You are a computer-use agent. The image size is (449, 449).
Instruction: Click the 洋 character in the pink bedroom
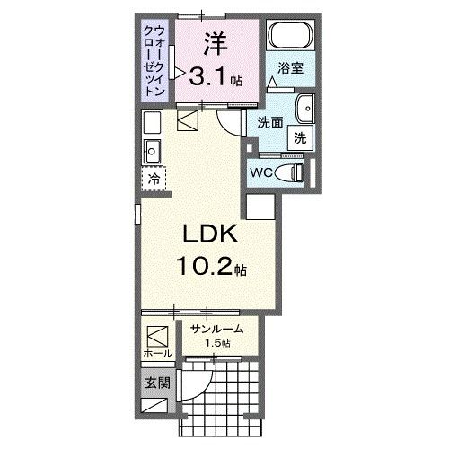click(x=214, y=43)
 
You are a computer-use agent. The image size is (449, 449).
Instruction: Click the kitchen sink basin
click(x=150, y=150)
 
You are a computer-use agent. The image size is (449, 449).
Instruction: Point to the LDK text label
click(x=210, y=235)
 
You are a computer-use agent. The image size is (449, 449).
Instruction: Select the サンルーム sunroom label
click(x=218, y=329)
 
